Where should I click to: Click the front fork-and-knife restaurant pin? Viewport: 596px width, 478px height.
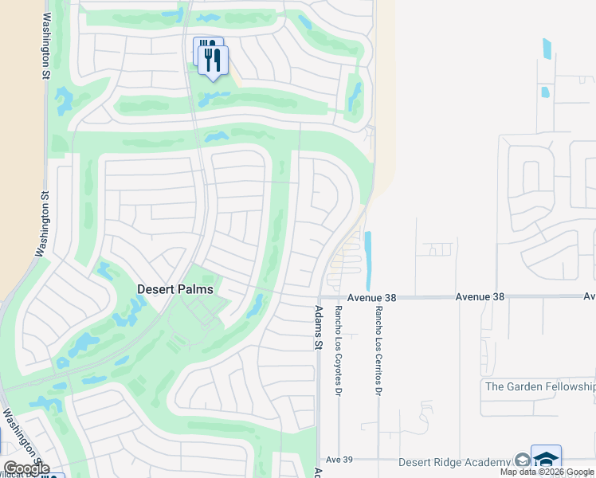(x=214, y=61)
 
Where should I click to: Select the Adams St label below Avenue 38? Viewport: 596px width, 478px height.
(x=319, y=328)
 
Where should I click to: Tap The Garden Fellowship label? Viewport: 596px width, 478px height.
(x=539, y=386)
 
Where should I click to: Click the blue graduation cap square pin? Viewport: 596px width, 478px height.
(x=546, y=459)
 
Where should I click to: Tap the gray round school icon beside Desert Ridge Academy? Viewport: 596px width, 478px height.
(x=521, y=461)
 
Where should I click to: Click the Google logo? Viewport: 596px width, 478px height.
(x=25, y=468)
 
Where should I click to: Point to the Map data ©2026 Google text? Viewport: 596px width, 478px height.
(x=547, y=472)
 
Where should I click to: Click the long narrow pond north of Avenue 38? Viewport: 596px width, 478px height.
(x=367, y=261)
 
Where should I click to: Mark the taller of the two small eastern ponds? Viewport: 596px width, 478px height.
(x=547, y=49)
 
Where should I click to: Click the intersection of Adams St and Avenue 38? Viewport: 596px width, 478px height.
(x=319, y=298)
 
